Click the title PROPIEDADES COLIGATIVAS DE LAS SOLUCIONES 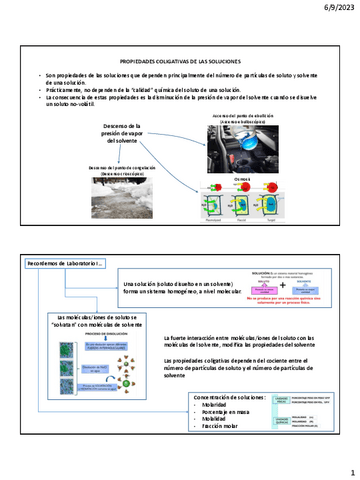[x=181, y=61]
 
